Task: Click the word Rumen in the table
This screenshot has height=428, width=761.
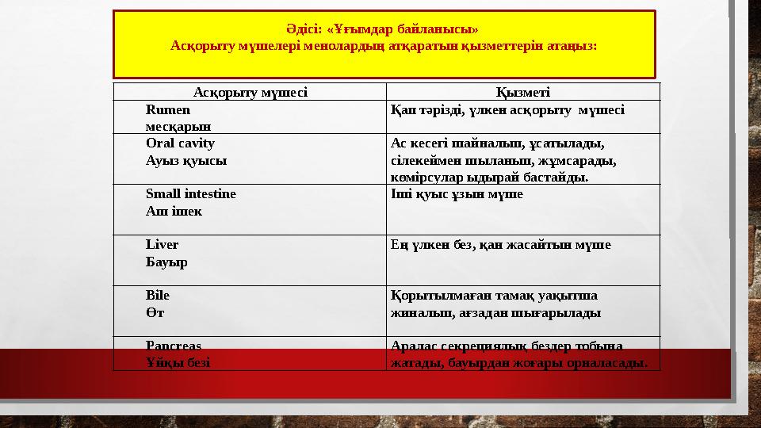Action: tap(163, 110)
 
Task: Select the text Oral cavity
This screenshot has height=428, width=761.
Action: tap(180, 143)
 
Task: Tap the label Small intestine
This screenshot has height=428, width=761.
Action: tap(190, 193)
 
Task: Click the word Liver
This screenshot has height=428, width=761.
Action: tap(162, 244)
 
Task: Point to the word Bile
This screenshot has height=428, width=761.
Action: tap(157, 295)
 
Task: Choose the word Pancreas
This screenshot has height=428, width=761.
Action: tap(174, 346)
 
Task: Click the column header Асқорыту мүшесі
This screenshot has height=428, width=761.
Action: tap(250, 91)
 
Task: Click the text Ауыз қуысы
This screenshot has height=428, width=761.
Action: tap(185, 160)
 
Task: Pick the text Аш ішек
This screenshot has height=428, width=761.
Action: tap(174, 211)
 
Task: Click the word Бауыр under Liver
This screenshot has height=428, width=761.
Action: tap(166, 262)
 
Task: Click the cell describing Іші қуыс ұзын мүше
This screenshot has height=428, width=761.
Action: tap(457, 193)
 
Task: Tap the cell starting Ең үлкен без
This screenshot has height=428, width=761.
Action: tap(501, 245)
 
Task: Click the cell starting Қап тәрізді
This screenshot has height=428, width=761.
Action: tap(507, 110)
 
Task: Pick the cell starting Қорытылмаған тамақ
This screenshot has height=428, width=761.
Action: tap(495, 304)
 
